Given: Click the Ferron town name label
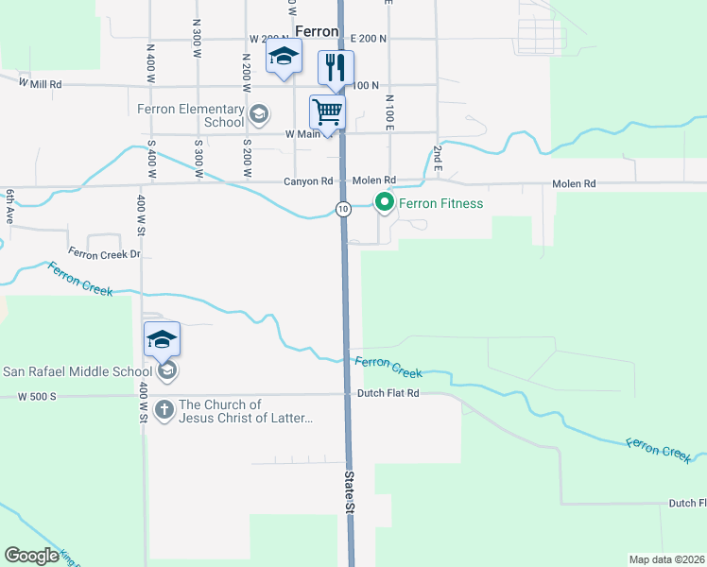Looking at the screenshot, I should pos(317,31).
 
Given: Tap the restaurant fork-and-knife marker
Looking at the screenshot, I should pos(336,66).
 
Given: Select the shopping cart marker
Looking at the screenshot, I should pos(327,112).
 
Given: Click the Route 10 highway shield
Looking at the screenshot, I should pos(343,208).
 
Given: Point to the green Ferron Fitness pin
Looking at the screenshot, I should pos(384,202).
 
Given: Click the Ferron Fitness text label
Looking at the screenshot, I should pos(440,203).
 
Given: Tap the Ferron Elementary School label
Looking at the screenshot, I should pos(191,115).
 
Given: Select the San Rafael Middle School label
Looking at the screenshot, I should pos(78,370).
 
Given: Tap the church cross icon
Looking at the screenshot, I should pos(164,410).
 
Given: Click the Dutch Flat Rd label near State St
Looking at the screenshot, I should pos(388,392).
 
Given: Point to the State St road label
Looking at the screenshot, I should pos(349,491).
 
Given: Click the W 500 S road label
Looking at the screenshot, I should pos(37,397).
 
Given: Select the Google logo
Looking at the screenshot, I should pos(31,556).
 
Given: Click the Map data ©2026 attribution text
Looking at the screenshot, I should pos(666,559).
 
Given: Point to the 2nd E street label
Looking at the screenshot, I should pos(438,156).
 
